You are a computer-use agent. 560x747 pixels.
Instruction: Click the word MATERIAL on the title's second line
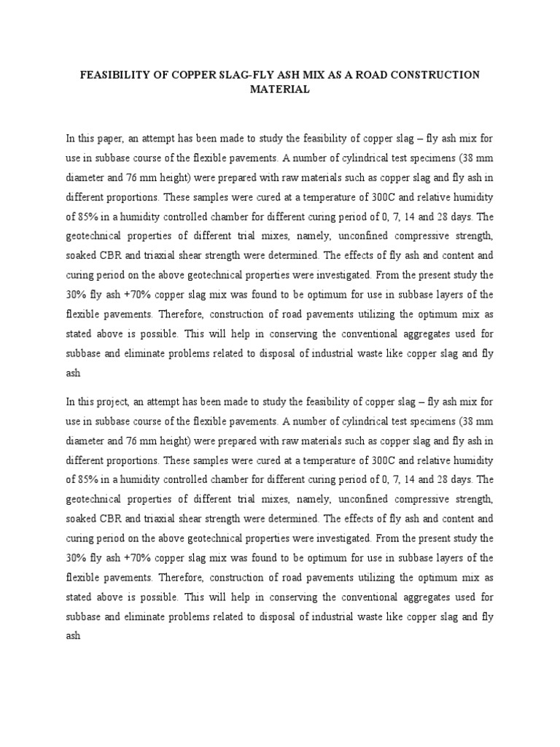point(279,90)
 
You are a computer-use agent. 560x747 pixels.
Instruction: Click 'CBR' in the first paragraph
point(115,256)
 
